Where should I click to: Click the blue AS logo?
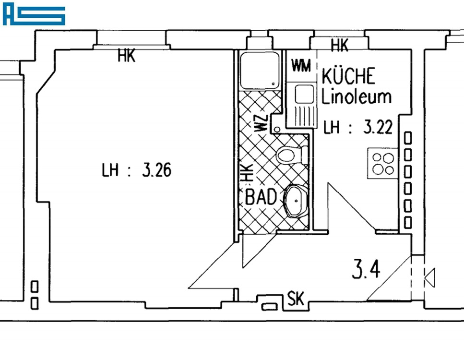tap(34, 14)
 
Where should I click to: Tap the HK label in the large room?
tap(127, 56)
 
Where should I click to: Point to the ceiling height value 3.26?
tap(156, 170)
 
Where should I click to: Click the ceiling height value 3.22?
tap(378, 127)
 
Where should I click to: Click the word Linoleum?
tap(357, 96)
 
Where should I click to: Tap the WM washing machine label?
tap(301, 66)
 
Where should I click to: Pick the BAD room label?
tap(261, 197)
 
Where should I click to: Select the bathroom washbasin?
tap(296, 201)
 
